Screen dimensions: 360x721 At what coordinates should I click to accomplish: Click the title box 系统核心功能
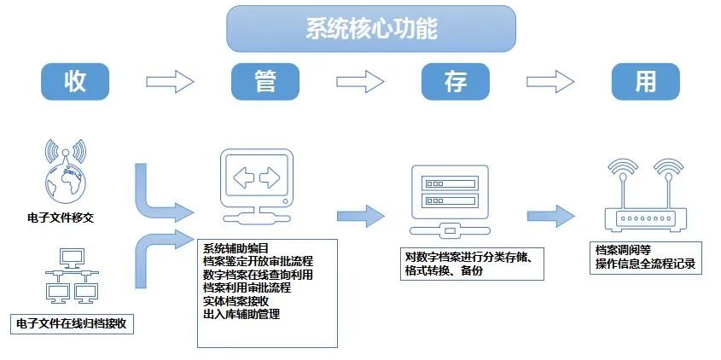coord(371,28)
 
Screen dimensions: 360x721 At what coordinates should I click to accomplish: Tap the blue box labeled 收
coord(75,81)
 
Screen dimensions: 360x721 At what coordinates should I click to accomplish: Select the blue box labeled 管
coord(265,81)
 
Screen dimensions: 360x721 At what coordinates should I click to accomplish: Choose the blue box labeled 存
coord(456,81)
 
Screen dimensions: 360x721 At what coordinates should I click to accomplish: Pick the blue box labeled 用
coord(646,81)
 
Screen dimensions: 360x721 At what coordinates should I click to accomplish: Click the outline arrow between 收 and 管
coord(171,82)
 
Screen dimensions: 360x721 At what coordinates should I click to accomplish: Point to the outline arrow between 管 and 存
coord(361,82)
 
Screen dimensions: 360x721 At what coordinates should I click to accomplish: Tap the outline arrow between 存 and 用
coord(550,82)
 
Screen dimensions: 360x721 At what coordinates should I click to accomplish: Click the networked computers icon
coord(70,278)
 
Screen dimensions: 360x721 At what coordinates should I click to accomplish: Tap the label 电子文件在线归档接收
coord(75,325)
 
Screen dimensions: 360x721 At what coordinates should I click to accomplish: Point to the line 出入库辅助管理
coord(242,315)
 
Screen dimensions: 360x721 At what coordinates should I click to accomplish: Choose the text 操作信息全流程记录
coord(646,264)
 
